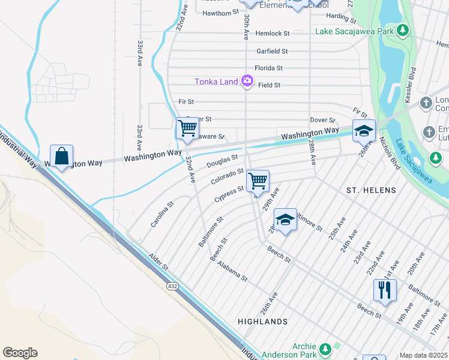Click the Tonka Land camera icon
tap(247, 80)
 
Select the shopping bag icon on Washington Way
tap(61, 157)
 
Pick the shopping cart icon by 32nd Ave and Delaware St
tap(187, 128)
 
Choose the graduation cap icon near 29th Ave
tap(285, 220)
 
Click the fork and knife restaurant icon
tap(384, 290)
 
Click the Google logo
tap(20, 353)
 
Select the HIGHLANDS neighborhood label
tap(262, 322)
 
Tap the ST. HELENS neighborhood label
tap(371, 190)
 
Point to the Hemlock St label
tap(273, 34)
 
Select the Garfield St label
tap(272, 52)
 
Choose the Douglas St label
tap(222, 161)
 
